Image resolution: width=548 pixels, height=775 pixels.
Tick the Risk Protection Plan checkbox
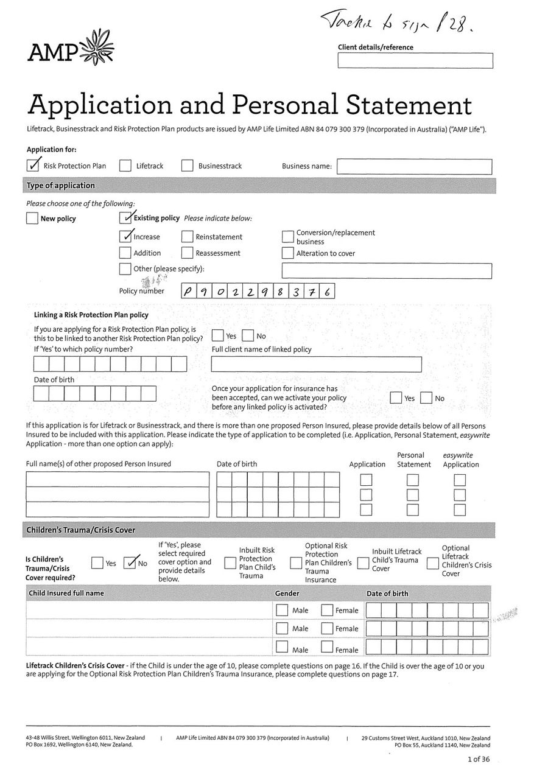click(33, 166)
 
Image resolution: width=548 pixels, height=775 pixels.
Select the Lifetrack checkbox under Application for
click(125, 166)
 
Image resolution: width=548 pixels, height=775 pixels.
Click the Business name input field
click(413, 166)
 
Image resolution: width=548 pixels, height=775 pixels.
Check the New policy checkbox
click(32, 219)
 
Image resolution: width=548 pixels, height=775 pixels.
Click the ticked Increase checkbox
click(125, 236)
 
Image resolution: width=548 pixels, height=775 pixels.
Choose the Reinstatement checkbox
click(187, 237)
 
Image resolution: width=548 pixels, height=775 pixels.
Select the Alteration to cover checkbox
click(287, 253)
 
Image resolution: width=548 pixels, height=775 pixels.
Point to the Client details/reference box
click(415, 61)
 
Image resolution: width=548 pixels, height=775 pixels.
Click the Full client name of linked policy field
click(316, 364)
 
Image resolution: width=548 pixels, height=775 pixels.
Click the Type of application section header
click(60, 186)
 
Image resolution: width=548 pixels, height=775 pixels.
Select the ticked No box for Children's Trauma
click(130, 563)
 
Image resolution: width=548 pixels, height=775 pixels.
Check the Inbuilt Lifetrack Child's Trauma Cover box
click(363, 563)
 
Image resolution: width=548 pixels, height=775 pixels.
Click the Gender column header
click(287, 594)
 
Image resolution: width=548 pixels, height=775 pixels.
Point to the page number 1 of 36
click(478, 759)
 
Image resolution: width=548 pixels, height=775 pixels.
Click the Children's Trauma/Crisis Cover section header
click(80, 530)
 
